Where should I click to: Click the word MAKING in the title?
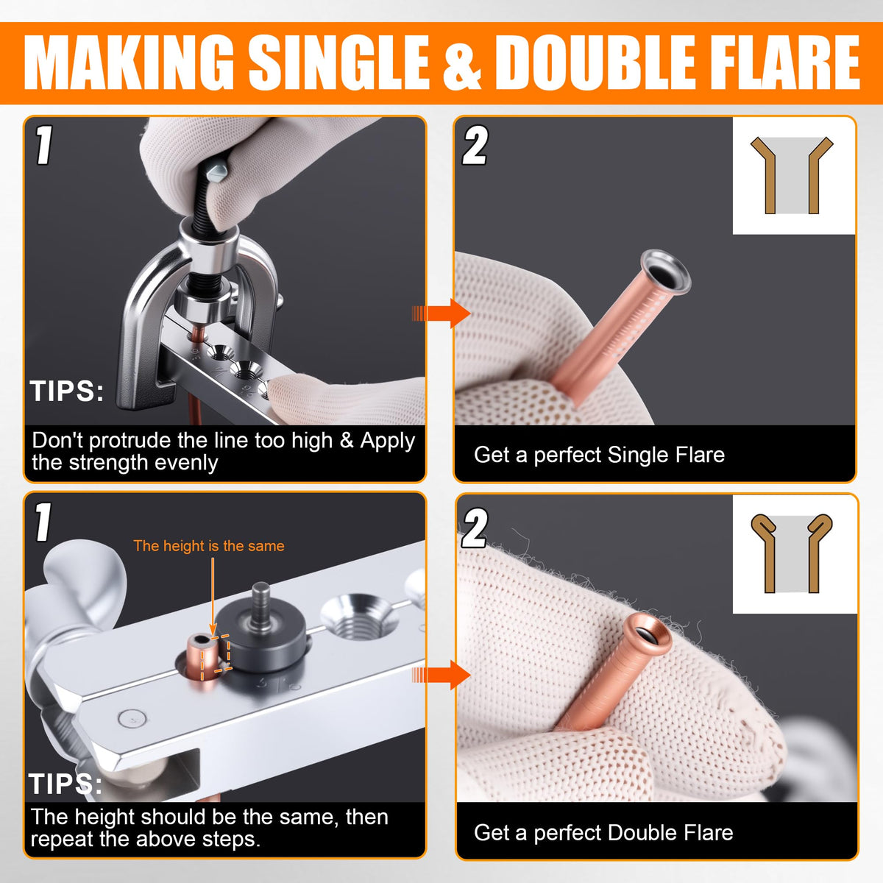pyautogui.click(x=129, y=62)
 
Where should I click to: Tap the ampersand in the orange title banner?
pyautogui.click(x=462, y=63)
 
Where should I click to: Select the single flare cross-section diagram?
pyautogui.click(x=792, y=175)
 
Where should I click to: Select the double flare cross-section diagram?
pyautogui.click(x=792, y=553)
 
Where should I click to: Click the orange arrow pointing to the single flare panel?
pyautogui.click(x=441, y=313)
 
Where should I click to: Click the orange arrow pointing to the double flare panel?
pyautogui.click(x=441, y=675)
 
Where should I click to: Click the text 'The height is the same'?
pyautogui.click(x=208, y=546)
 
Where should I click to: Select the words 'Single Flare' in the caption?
pyautogui.click(x=666, y=455)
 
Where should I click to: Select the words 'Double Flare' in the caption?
pyautogui.click(x=669, y=832)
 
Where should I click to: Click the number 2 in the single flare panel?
pyautogui.click(x=475, y=146)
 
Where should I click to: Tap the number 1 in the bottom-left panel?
pyautogui.click(x=43, y=522)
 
